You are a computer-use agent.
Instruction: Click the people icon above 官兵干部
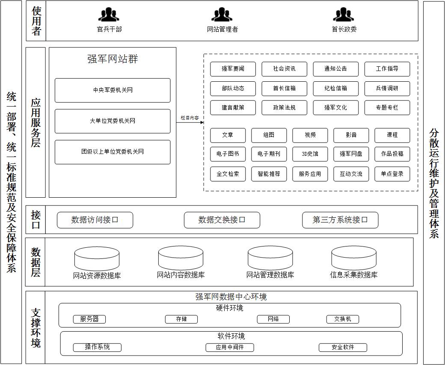click(x=109, y=15)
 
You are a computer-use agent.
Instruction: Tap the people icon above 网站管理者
click(x=222, y=15)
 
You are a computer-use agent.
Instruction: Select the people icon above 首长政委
click(x=344, y=15)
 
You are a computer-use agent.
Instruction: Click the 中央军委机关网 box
click(x=113, y=90)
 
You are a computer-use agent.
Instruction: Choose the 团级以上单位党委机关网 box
click(x=113, y=152)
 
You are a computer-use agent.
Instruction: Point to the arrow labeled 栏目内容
click(x=190, y=122)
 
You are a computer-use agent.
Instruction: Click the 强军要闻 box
click(x=233, y=69)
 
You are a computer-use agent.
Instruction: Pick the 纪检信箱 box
click(x=336, y=89)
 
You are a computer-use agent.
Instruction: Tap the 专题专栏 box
click(x=387, y=107)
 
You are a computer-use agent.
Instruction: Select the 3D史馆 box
click(x=310, y=154)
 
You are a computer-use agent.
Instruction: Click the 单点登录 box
click(x=392, y=174)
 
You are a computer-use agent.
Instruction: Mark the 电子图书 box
click(x=228, y=154)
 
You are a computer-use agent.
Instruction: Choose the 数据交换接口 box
click(x=222, y=220)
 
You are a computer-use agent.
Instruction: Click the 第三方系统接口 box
click(x=340, y=220)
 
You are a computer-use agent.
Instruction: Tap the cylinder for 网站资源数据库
click(x=97, y=259)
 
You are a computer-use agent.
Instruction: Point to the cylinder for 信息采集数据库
click(x=354, y=258)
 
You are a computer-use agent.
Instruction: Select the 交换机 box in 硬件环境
click(x=343, y=319)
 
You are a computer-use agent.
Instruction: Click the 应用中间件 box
click(x=230, y=347)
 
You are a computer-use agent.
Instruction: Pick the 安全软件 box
click(x=343, y=347)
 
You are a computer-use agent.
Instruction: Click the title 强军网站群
click(x=113, y=59)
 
